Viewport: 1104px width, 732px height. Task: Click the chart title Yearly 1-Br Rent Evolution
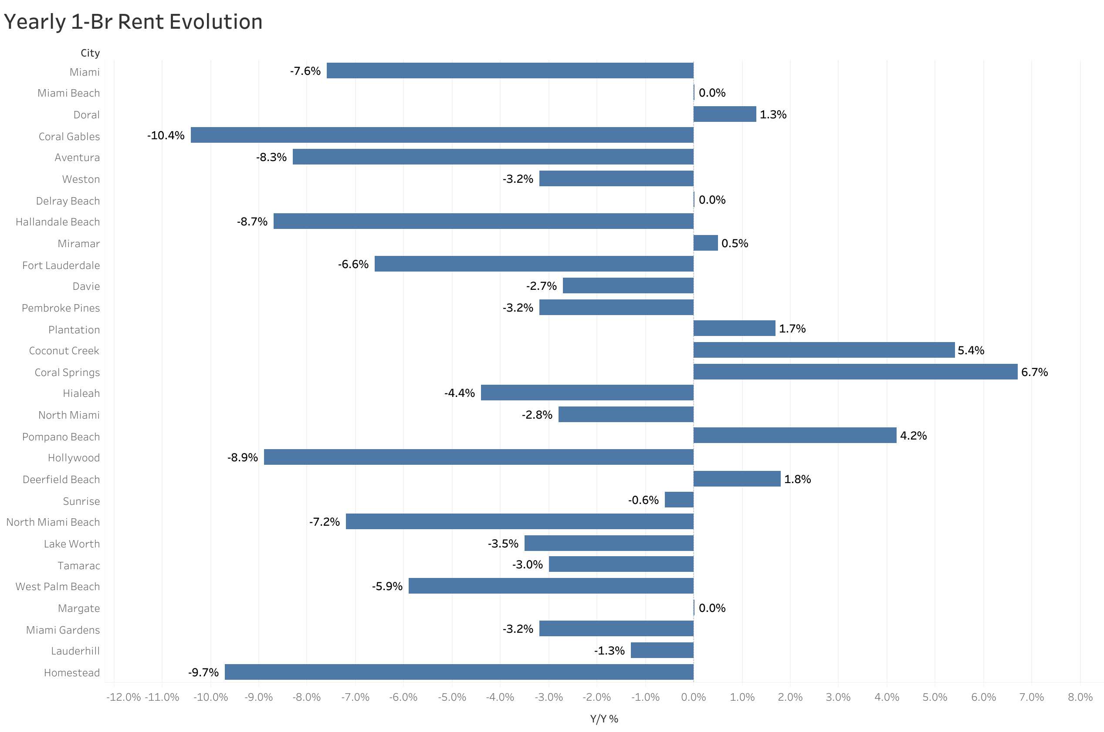pos(133,22)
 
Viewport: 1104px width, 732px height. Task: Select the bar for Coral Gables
pos(441,135)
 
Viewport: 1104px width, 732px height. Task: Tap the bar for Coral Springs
pos(855,372)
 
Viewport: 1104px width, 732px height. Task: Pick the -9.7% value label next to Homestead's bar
pos(203,672)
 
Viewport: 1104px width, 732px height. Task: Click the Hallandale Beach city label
pos(58,222)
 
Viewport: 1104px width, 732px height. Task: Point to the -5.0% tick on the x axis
pos(452,697)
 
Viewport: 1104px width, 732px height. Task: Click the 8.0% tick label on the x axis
pos(1080,697)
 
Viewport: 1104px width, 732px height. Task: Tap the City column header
pos(90,53)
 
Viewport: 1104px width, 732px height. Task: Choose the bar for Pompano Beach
pos(795,435)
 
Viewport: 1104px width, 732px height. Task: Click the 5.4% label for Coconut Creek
pos(971,350)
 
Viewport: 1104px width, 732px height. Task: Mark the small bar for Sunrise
pos(679,500)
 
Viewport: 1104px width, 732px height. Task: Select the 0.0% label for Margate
pos(712,608)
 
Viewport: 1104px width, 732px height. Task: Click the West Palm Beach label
pos(58,586)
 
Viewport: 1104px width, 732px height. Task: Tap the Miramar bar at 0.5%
pos(705,243)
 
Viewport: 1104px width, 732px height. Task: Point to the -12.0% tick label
pos(123,697)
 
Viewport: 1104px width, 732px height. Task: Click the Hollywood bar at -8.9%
pos(478,457)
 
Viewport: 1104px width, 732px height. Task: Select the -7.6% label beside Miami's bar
pos(305,71)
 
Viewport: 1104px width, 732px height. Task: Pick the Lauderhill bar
pos(662,650)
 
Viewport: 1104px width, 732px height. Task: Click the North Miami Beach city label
pos(53,522)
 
